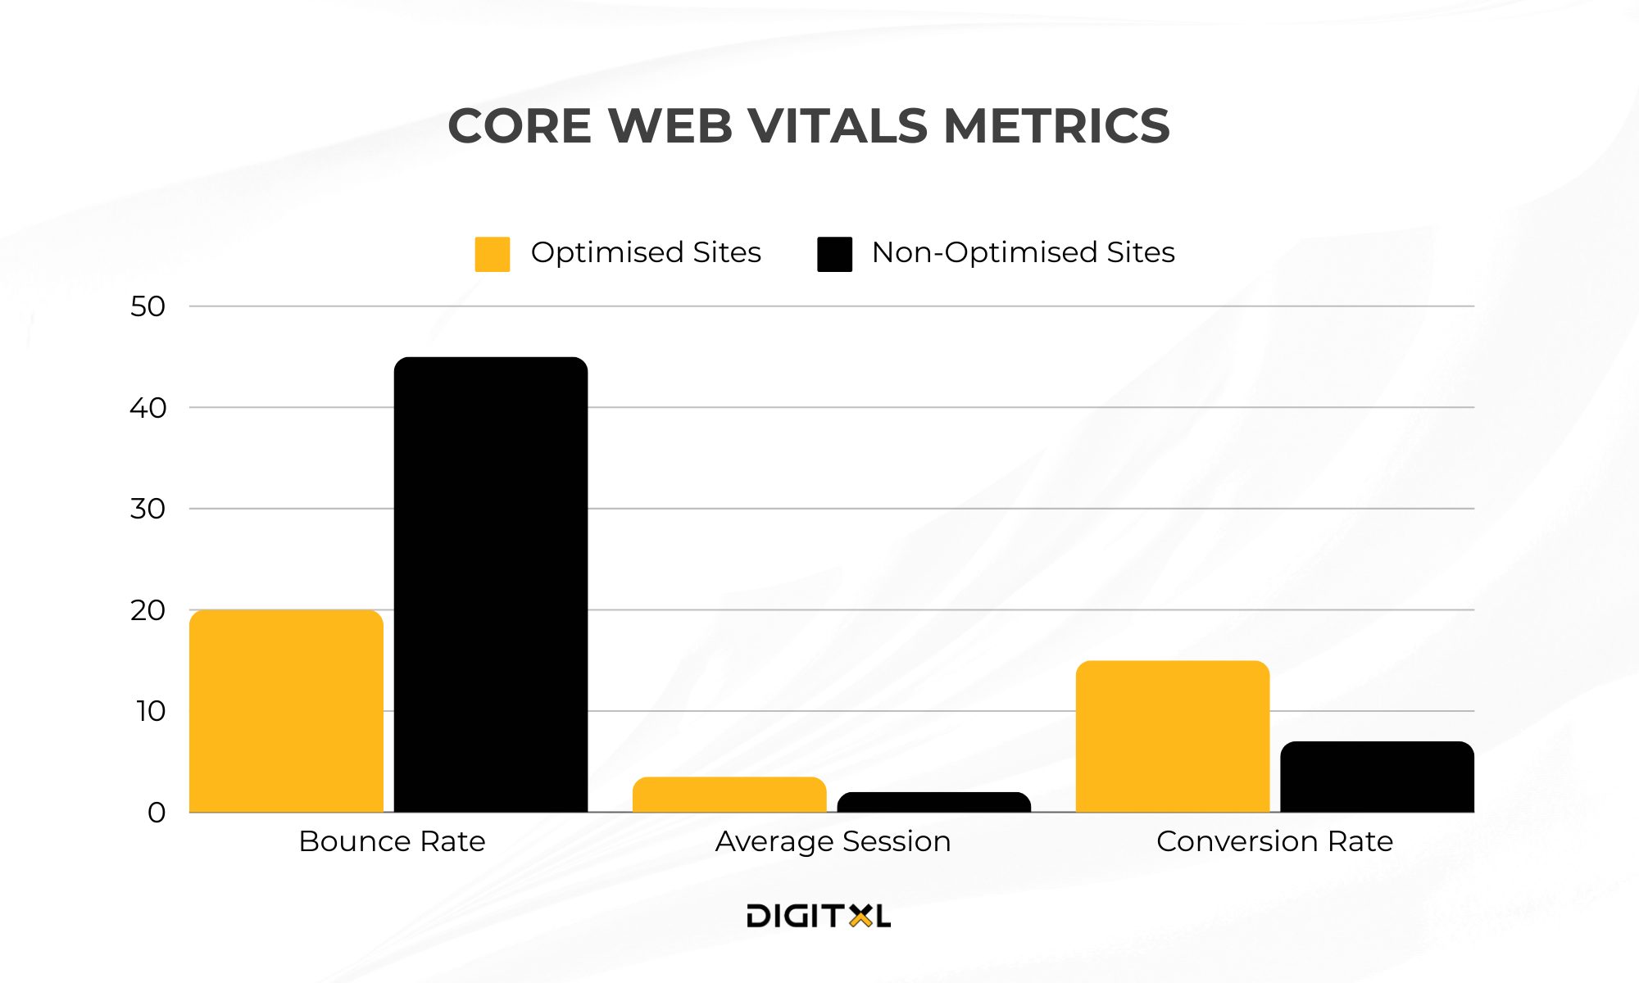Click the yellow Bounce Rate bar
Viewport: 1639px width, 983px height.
286,711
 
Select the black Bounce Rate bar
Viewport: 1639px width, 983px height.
491,585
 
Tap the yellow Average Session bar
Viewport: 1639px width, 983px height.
729,795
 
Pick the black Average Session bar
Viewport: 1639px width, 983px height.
934,803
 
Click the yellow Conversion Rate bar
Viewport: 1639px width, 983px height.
1173,736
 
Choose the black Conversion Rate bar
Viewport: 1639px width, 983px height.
1377,777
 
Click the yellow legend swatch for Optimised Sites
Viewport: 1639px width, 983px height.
493,254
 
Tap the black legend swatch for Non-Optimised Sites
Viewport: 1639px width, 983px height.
834,254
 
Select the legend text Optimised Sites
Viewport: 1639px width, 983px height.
646,252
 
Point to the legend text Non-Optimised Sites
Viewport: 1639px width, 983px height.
1023,252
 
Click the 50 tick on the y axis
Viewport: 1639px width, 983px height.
148,306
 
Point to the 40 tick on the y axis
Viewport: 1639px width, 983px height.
148,408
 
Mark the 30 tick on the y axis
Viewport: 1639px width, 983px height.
148,509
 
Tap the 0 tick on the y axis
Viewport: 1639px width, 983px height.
157,813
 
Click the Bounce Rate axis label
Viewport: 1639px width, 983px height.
392,841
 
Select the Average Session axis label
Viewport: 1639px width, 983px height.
833,841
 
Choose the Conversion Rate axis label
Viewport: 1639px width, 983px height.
1274,841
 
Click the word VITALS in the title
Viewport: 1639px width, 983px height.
837,126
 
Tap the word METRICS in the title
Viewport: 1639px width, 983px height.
1056,126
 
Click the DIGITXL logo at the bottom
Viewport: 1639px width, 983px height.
818,916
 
